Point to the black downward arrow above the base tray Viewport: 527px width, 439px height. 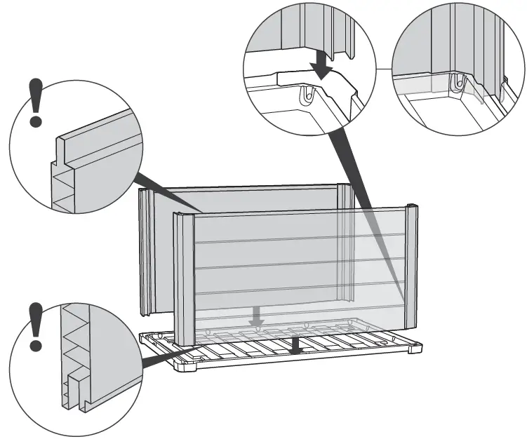pyautogui.click(x=298, y=342)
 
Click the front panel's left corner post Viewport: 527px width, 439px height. pyautogui.click(x=184, y=277)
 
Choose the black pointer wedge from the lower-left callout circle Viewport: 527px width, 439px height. pyautogui.click(x=165, y=356)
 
